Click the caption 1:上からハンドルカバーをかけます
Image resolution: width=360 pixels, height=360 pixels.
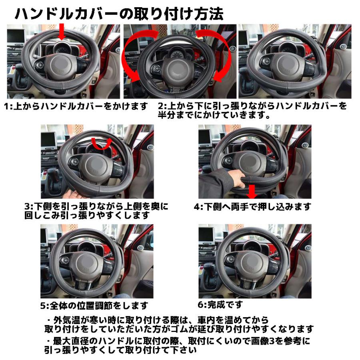point(76,107)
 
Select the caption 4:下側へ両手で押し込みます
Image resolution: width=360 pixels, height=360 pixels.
point(252,207)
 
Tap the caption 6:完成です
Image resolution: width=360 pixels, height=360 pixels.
point(220,304)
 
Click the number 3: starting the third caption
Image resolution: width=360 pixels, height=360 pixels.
point(28,207)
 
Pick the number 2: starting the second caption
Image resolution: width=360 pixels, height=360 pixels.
point(162,107)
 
